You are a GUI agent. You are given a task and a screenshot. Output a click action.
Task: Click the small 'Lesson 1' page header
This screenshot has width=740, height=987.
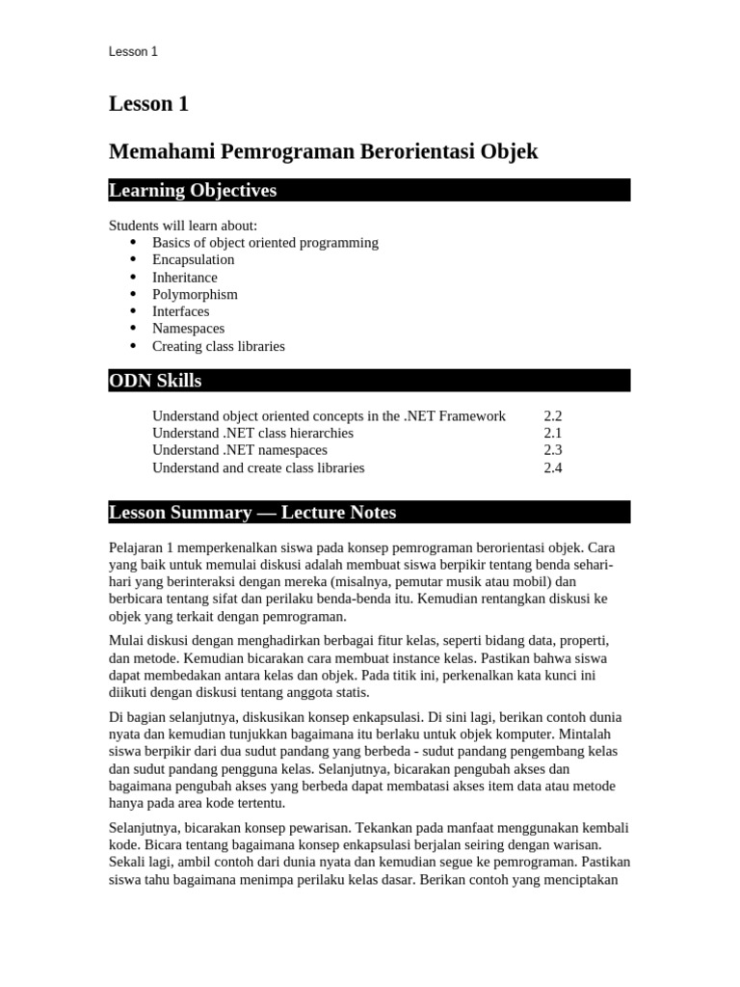pos(133,52)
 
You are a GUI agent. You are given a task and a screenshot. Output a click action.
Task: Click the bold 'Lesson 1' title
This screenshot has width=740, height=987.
pos(148,104)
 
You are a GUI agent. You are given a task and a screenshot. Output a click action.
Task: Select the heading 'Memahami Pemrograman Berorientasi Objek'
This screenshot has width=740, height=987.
pos(323,151)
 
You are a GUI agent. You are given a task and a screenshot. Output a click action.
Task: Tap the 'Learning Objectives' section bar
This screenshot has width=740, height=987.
pos(369,190)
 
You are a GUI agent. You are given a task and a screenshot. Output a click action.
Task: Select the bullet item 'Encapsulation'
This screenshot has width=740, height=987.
pos(193,259)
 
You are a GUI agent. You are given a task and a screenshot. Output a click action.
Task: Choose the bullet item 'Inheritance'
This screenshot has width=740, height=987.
pos(184,277)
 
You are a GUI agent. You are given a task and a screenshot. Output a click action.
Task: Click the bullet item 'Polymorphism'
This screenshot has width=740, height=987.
pos(195,294)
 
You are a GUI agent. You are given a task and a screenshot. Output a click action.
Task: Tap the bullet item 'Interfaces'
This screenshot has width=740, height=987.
pos(180,311)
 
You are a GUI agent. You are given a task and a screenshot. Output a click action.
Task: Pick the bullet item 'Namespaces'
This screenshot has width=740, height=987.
pos(188,329)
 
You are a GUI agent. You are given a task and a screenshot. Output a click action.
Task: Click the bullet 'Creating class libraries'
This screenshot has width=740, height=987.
pos(218,346)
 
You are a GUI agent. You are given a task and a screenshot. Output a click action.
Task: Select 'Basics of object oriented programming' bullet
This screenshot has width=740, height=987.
pos(265,242)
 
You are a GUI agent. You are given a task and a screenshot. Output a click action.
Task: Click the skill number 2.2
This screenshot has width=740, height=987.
pos(552,416)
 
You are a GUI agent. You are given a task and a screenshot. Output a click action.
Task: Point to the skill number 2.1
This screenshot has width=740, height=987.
pos(552,434)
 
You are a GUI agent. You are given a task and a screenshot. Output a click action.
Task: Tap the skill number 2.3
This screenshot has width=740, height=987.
pos(552,450)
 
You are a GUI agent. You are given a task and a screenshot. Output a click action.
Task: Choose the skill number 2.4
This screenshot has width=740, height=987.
pos(552,467)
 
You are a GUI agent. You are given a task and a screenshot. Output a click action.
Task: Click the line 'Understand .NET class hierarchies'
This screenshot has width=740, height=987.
pos(252,434)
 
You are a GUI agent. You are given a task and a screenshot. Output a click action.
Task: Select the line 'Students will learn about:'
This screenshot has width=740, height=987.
pos(183,226)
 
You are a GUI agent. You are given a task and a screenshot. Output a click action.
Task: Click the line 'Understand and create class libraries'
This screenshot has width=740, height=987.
pos(258,467)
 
